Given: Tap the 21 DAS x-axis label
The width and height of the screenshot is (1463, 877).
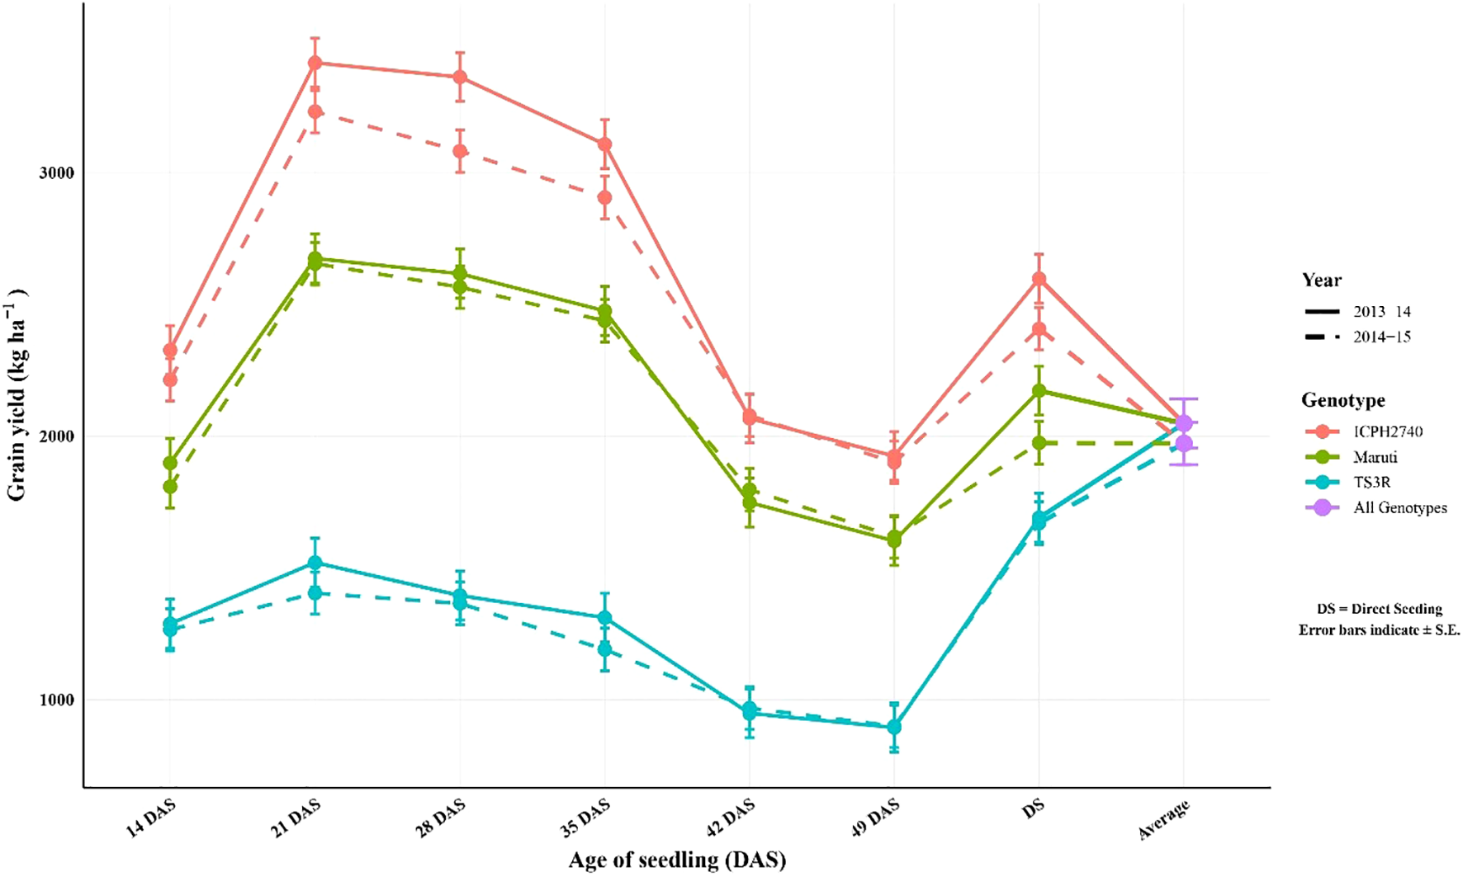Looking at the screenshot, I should (x=295, y=818).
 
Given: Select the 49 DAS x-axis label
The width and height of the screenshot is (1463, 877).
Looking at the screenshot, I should (x=874, y=818).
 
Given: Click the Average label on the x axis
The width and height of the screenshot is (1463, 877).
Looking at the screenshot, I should (x=1164, y=820).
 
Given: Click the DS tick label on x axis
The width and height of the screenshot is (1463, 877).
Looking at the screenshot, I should (x=1033, y=809).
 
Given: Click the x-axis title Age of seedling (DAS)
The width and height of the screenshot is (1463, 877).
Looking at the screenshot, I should (x=677, y=860).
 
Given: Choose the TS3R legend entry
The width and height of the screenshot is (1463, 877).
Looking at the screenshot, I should (x=1371, y=483).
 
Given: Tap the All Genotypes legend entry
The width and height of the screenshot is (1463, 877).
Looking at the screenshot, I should (x=1399, y=508).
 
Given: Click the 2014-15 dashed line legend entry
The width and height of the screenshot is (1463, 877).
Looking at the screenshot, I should (x=1381, y=337).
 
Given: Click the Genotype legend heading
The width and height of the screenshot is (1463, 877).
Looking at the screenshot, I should (x=1343, y=400).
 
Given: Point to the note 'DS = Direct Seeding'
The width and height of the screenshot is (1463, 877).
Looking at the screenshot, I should (x=1379, y=609).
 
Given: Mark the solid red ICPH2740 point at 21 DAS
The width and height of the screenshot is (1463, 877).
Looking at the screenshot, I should (x=315, y=63).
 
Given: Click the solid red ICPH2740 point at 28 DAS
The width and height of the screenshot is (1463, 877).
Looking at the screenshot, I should (x=460, y=78).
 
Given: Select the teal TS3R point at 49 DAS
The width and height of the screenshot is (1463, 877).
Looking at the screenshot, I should (x=893, y=727).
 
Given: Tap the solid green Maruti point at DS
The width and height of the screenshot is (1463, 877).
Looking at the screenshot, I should (x=1039, y=391).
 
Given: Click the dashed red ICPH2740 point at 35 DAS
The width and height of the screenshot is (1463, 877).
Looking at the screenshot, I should (x=605, y=198).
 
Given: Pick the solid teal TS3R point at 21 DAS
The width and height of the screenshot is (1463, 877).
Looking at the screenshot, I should (x=315, y=563).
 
